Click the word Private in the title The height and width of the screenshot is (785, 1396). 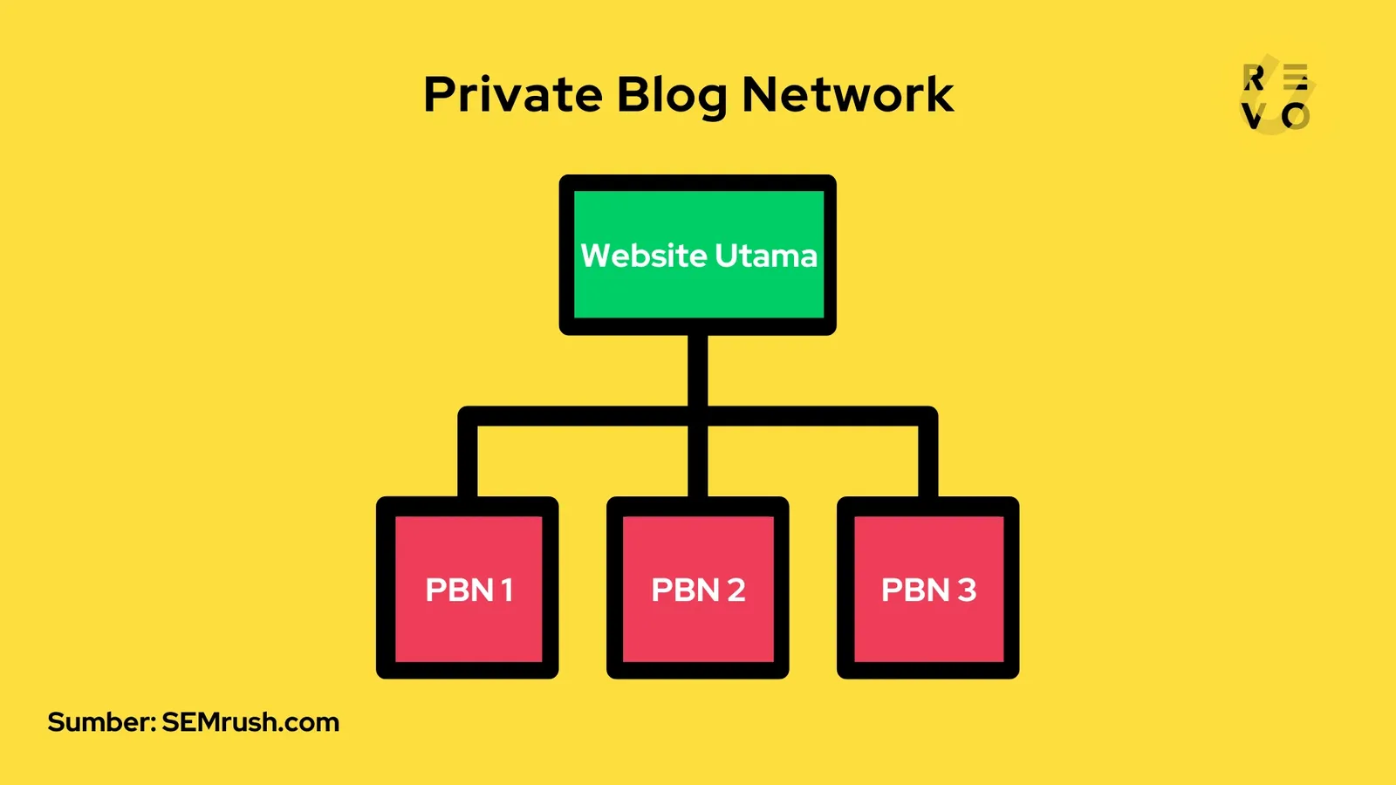coord(512,94)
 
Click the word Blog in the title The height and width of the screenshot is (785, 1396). coord(671,96)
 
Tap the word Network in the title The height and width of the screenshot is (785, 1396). coord(847,94)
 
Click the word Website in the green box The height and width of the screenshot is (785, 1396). coord(644,256)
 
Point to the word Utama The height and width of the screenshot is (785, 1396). coord(766,256)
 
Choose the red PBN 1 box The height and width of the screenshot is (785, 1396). coord(468,628)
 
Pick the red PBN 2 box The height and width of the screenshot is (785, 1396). coord(698,628)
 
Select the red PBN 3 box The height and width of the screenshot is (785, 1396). coord(928,628)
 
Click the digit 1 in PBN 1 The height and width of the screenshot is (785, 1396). coord(507,590)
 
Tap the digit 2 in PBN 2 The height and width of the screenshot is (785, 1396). coord(736,590)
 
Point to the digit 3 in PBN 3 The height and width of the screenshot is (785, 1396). coord(967,590)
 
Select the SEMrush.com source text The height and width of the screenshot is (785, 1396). coord(250,722)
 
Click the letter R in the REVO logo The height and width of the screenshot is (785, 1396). coord(1254,78)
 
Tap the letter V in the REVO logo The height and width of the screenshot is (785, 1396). coord(1253,116)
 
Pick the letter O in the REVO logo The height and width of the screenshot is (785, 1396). coord(1296,116)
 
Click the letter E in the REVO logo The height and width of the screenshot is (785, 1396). coord(1297,77)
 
